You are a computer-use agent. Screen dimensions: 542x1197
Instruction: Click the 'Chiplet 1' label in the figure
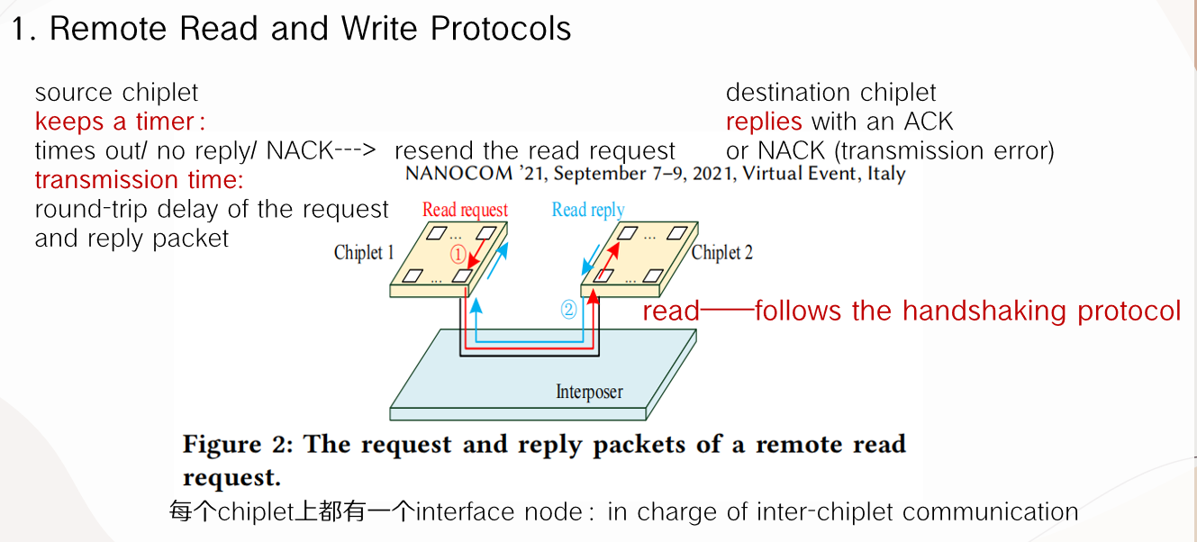(364, 252)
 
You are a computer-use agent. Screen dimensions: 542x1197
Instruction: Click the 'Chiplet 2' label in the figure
(721, 252)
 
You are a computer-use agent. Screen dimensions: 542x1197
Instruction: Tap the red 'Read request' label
(465, 210)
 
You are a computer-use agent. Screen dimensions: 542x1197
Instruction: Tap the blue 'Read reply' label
(587, 210)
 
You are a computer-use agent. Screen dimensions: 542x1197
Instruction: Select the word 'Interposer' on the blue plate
(589, 392)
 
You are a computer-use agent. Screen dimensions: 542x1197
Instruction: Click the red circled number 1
(458, 255)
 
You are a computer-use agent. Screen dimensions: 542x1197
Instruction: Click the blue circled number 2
(568, 309)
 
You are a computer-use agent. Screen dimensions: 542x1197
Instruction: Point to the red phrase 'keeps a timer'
(114, 122)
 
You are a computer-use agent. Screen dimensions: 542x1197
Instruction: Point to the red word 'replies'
(764, 122)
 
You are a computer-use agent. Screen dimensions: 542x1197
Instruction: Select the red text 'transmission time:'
(139, 180)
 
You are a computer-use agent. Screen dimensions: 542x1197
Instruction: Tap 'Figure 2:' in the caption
(238, 445)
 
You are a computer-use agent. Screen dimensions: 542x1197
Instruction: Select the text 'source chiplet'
(116, 93)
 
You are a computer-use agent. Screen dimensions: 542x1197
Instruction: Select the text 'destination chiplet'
(830, 93)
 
